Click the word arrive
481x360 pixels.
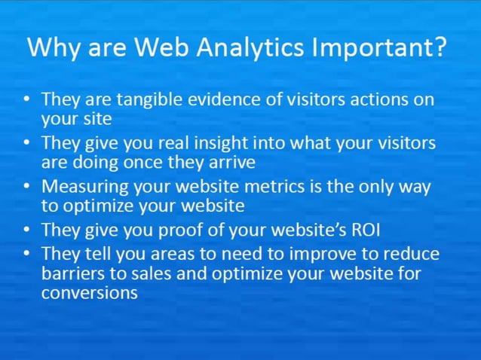coord(231,161)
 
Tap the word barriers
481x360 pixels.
coord(69,272)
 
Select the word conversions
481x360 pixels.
coord(89,293)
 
